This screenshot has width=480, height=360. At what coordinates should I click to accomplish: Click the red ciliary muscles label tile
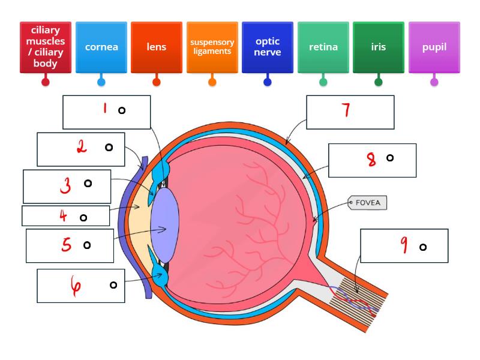pyautogui.click(x=46, y=47)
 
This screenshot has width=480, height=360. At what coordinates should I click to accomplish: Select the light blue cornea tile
pyautogui.click(x=101, y=47)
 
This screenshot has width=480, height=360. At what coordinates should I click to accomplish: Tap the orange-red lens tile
pyautogui.click(x=157, y=47)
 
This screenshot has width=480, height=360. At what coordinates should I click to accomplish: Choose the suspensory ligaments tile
pyautogui.click(x=212, y=47)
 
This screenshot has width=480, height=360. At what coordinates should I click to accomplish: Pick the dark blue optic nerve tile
pyautogui.click(x=268, y=47)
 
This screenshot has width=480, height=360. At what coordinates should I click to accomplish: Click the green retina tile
pyautogui.click(x=323, y=47)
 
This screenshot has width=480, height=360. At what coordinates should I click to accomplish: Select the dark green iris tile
pyautogui.click(x=379, y=47)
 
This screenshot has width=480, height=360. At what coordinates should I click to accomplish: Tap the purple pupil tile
pyautogui.click(x=434, y=47)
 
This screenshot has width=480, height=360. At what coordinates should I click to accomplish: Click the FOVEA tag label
pyautogui.click(x=368, y=203)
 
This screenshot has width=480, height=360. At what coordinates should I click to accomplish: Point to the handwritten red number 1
pyautogui.click(x=105, y=109)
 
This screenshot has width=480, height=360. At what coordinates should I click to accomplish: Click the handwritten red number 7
pyautogui.click(x=346, y=110)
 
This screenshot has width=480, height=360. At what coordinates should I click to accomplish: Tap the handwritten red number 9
pyautogui.click(x=404, y=244)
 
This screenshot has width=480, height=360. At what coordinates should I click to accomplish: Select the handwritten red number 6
pyautogui.click(x=76, y=287)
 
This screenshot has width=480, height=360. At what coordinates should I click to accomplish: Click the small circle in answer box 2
pyautogui.click(x=109, y=147)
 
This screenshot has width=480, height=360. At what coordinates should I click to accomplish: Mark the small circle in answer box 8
pyautogui.click(x=390, y=158)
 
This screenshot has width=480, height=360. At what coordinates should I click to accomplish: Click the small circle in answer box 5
pyautogui.click(x=87, y=245)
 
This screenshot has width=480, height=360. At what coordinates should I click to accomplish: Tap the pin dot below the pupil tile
pyautogui.click(x=434, y=82)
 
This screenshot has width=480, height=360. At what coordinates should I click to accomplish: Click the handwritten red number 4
pyautogui.click(x=63, y=216)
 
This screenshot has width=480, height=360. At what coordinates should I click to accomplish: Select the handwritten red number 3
pyautogui.click(x=65, y=187)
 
